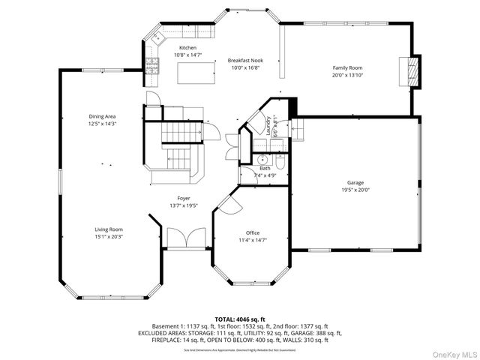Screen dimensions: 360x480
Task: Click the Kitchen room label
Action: pos(166,48)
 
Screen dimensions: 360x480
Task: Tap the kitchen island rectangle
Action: pos(192,71)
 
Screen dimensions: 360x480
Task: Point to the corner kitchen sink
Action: pos(159,36)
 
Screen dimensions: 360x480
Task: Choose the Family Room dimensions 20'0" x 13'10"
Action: pos(346,75)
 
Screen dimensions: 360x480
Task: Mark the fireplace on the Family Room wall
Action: pos(409,72)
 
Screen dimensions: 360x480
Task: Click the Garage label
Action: pos(355,182)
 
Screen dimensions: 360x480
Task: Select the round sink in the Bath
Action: pos(263,159)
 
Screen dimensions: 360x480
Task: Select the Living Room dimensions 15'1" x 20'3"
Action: pos(108,237)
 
